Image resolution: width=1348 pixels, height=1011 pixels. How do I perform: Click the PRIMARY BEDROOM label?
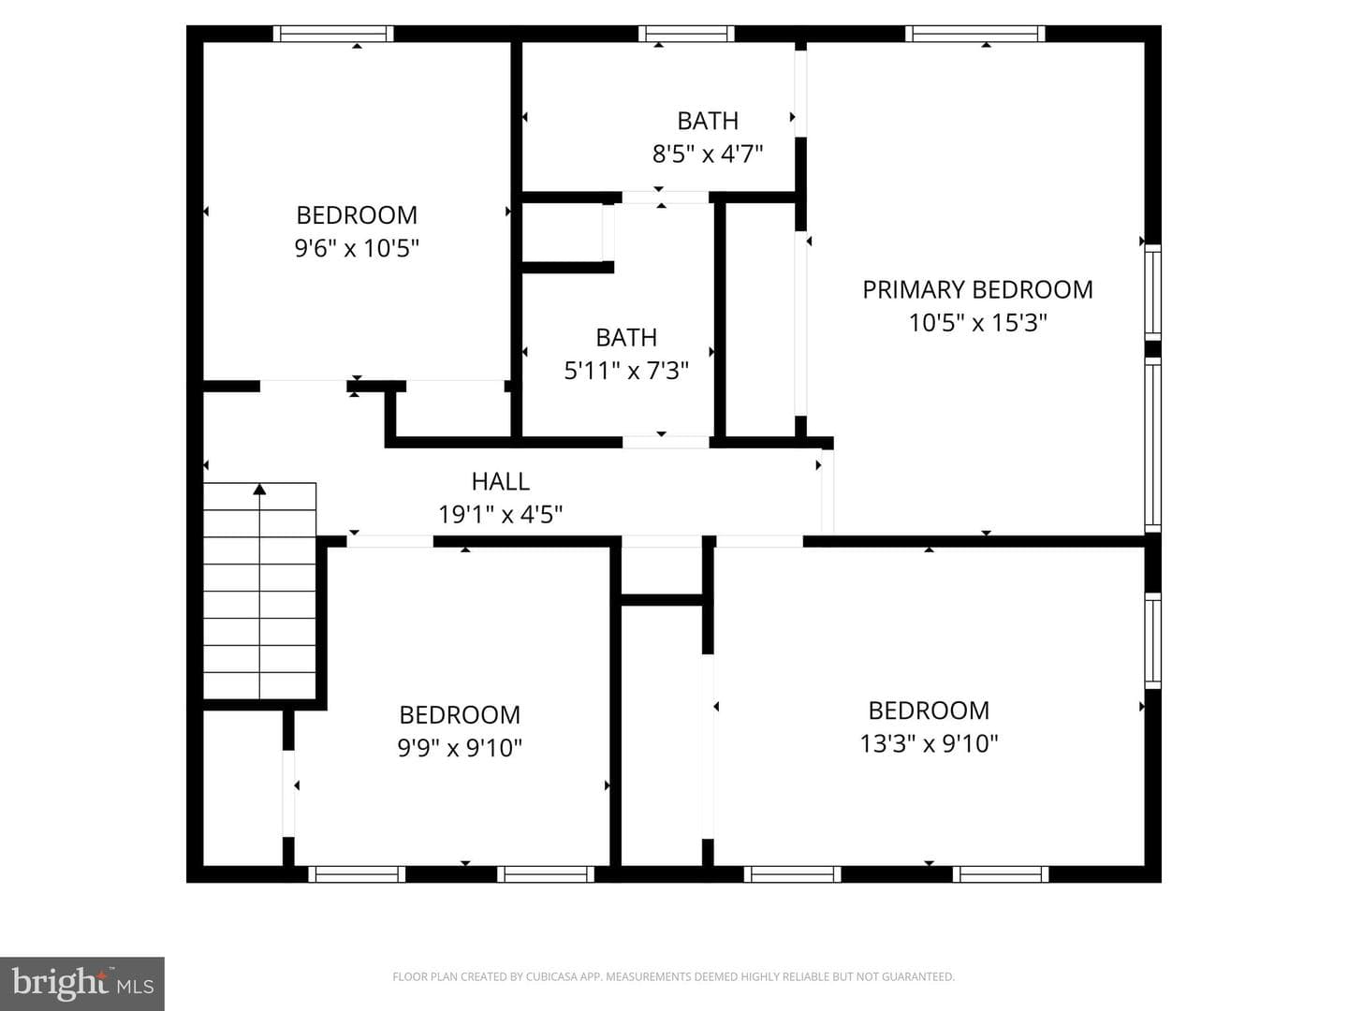[x=977, y=290]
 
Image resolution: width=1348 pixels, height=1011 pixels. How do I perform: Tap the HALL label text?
[x=501, y=481]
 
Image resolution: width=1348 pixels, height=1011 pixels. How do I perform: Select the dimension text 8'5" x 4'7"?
[x=708, y=154]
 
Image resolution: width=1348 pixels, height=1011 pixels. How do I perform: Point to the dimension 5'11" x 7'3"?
[x=626, y=371]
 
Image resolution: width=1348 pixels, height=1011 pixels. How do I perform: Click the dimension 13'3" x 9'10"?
[x=929, y=743]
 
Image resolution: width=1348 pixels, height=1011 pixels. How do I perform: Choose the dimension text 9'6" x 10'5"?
[x=357, y=249]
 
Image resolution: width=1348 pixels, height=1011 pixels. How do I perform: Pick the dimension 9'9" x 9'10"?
[x=460, y=748]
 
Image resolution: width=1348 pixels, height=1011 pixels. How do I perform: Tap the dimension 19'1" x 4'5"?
[x=501, y=515]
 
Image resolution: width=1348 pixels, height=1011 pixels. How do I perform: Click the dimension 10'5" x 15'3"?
[x=977, y=323]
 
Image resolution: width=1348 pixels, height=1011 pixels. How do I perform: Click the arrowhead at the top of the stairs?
[x=260, y=490]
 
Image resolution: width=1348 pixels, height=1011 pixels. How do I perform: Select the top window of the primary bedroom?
[x=974, y=34]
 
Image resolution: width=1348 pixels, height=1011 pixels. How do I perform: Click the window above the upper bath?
[x=686, y=34]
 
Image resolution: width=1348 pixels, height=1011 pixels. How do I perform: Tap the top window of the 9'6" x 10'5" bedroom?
[x=333, y=34]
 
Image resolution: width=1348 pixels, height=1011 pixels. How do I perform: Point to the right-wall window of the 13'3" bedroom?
[x=1152, y=640]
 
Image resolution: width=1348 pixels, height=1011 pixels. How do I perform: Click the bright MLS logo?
[x=82, y=983]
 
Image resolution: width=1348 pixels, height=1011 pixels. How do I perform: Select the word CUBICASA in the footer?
[x=548, y=976]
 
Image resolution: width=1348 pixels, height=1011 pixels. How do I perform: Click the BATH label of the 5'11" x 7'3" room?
[x=626, y=338]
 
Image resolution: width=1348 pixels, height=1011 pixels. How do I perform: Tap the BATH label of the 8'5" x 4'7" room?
[x=708, y=121]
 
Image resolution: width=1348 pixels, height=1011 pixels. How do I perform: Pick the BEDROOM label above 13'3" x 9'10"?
[x=929, y=711]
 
